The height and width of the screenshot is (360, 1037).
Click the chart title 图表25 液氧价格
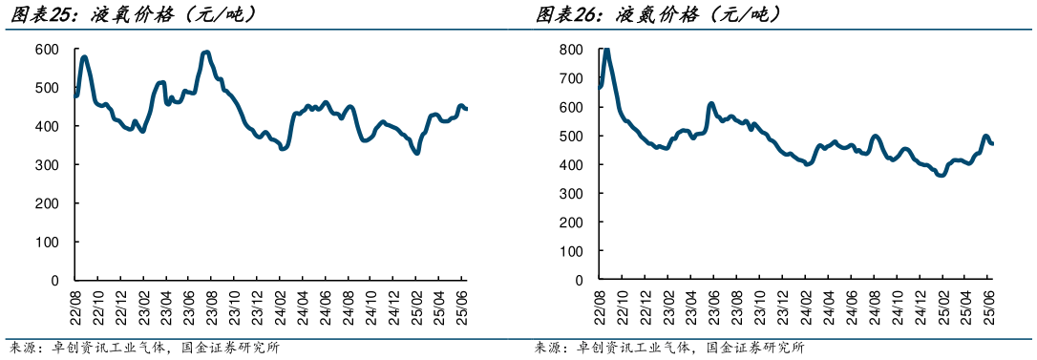(134, 14)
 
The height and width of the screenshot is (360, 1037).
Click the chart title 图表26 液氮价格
(658, 14)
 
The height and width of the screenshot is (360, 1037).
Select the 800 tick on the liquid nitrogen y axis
(572, 49)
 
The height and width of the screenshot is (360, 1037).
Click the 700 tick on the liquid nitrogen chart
(572, 78)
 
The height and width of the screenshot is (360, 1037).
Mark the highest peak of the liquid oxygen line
(207, 53)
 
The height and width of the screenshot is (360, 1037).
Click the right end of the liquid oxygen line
(466, 109)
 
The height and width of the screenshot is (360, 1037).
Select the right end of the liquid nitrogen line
(992, 143)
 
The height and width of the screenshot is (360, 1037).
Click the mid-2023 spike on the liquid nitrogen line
(711, 103)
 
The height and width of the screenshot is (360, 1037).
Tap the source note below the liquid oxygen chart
(143, 348)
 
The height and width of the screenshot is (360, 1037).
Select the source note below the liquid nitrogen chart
(668, 348)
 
